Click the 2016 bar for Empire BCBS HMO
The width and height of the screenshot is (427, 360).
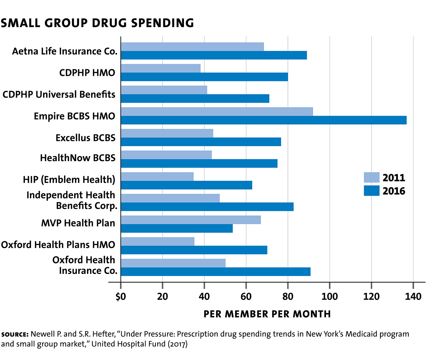pos(263,120)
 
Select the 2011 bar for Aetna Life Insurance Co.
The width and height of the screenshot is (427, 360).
pos(192,47)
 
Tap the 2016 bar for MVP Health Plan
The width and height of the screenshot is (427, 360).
pos(177,228)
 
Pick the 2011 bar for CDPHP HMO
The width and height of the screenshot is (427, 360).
pos(160,68)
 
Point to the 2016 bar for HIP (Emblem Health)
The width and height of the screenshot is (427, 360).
pos(186,185)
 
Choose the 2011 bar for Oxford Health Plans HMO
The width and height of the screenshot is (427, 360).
pos(158,242)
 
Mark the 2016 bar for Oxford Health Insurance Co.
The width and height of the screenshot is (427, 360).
pos(216,272)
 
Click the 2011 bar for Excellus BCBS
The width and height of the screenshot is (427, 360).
pos(167,133)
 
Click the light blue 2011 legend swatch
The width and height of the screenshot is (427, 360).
pos(371,177)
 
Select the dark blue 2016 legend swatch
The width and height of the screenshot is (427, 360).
pos(371,191)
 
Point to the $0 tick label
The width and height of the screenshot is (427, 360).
pos(121,297)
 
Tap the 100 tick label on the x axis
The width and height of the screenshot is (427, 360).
pos(330,297)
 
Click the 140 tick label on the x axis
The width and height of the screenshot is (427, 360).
pos(413,297)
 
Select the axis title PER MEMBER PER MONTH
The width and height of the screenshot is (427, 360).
pos(267,314)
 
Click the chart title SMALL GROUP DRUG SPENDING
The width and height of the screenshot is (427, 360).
pos(97,23)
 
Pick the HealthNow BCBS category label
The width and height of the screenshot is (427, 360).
pos(78,158)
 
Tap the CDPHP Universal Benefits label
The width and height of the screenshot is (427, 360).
pos(59,94)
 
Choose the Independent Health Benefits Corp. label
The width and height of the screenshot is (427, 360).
pos(72,200)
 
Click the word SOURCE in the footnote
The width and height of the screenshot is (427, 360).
pos(15,335)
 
